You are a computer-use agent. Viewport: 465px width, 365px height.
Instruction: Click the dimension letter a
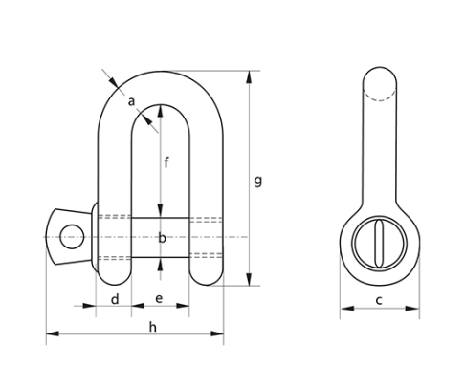coord(132,100)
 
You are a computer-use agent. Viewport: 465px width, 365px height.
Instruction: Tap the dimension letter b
coord(161,237)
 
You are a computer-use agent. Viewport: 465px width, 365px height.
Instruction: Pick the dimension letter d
coord(115,299)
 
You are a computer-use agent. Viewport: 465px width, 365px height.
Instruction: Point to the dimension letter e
coord(159,299)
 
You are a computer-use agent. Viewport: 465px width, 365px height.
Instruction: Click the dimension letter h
coord(152,327)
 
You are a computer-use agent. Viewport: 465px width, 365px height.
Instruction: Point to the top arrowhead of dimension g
coord(251,74)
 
